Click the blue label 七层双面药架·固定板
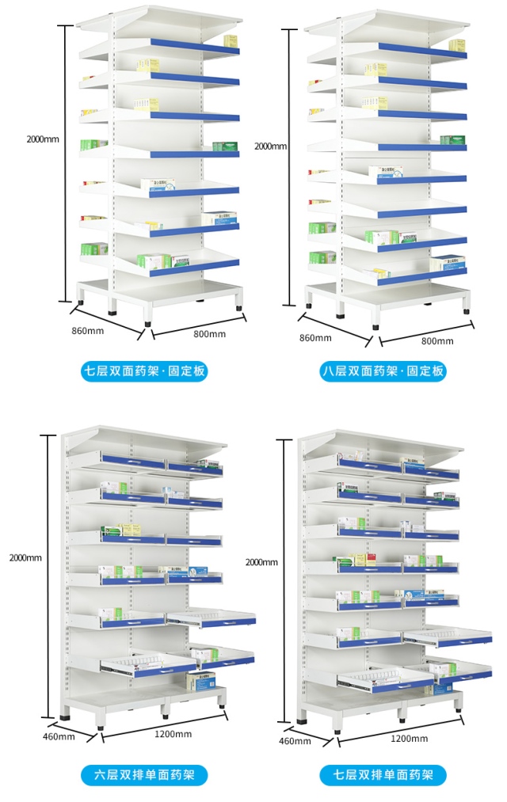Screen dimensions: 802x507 [145, 371]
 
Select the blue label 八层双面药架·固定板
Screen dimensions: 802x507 [383, 371]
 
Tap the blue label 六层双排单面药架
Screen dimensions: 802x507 [144, 774]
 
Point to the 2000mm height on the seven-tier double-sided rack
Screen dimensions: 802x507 [42, 139]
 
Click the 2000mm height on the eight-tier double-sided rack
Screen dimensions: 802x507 [270, 146]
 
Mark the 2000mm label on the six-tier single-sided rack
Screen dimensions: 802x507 [25, 557]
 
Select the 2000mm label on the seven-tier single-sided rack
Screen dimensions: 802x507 [261, 562]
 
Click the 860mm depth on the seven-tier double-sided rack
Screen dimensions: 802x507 [87, 330]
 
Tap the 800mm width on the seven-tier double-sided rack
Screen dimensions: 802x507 [209, 334]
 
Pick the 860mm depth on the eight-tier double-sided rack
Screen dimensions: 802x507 [314, 338]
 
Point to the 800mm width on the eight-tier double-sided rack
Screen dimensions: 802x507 [437, 341]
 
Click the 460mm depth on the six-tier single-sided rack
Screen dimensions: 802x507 [59, 737]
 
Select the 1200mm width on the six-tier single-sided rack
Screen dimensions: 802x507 [173, 734]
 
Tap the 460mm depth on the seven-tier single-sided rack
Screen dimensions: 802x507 [295, 741]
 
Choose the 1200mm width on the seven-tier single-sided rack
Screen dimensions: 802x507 [409, 738]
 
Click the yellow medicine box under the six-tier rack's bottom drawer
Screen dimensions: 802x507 [200, 680]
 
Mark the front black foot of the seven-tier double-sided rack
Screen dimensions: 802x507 [148, 323]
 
